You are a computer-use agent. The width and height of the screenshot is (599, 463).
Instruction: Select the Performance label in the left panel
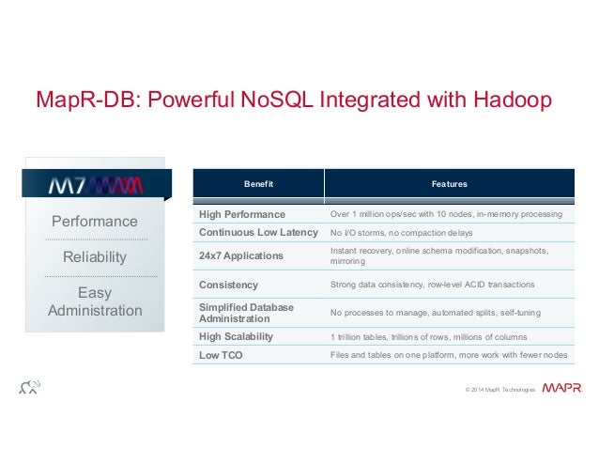(x=94, y=222)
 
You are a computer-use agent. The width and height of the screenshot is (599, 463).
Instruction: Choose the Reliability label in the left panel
(x=94, y=257)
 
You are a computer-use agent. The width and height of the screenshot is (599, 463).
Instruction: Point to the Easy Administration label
(x=94, y=301)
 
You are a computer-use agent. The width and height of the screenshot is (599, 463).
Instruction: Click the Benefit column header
(x=258, y=184)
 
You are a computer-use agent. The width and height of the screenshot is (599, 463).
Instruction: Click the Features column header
(x=449, y=184)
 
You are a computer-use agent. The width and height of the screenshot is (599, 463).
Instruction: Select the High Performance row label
(x=241, y=215)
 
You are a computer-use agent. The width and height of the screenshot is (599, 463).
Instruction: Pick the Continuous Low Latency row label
(x=258, y=232)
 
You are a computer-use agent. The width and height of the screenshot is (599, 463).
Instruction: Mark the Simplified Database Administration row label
(x=246, y=313)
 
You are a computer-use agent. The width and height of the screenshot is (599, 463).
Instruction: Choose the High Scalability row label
(x=238, y=337)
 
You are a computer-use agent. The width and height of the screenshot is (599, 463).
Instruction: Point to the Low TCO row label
(x=222, y=355)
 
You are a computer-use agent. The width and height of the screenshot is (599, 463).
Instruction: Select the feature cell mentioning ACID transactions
(x=433, y=285)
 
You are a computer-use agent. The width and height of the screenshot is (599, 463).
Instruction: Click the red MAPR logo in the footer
(x=561, y=388)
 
